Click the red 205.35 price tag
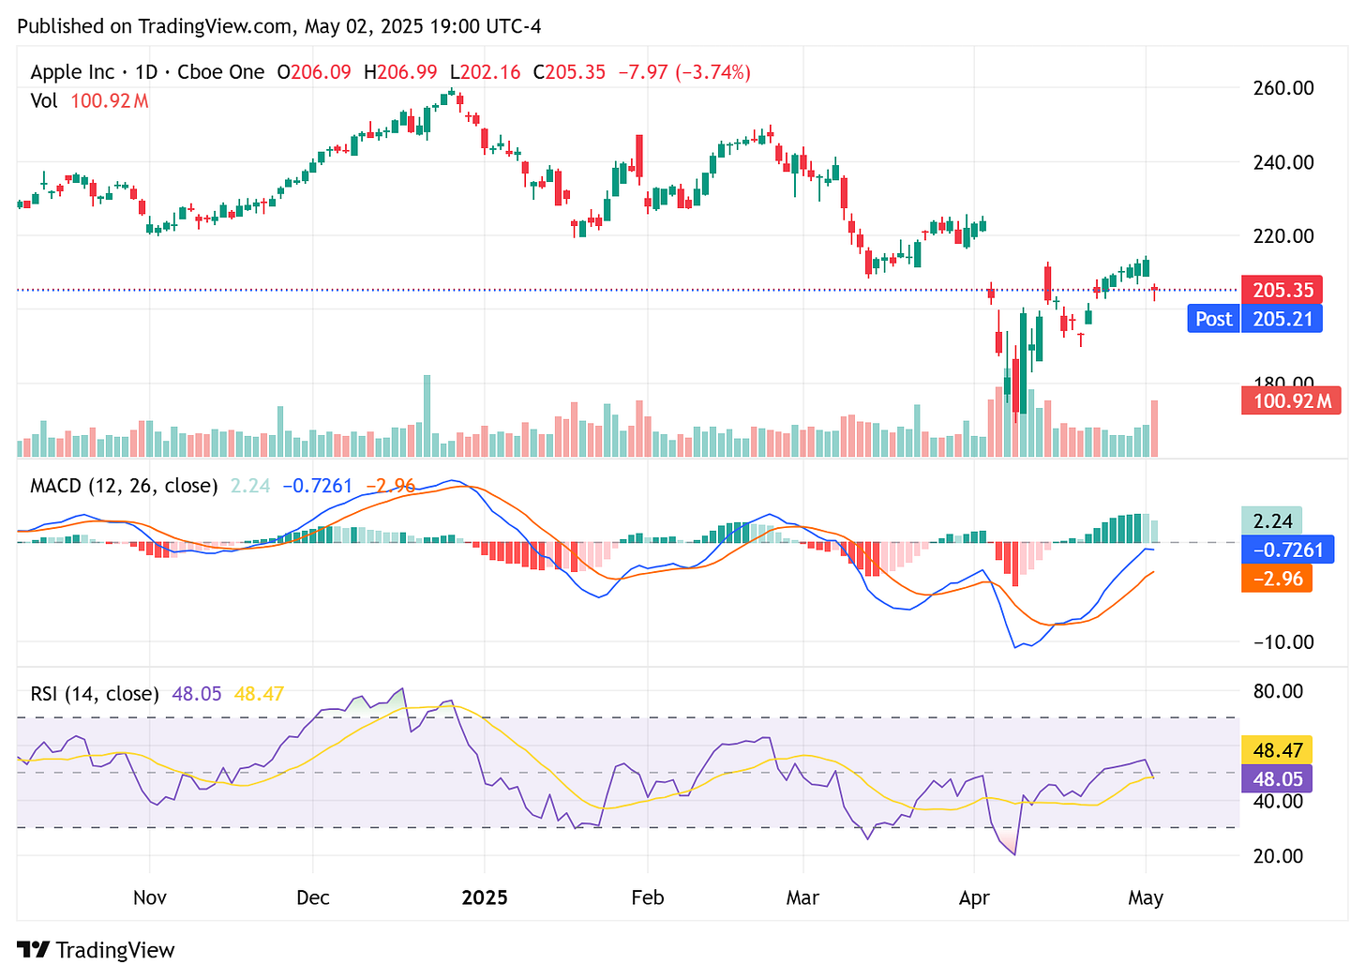[1282, 290]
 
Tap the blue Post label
[1213, 319]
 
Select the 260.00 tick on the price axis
[1283, 88]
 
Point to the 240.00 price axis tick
[1283, 162]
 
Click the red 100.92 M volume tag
[1291, 401]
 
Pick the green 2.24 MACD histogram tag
[1272, 520]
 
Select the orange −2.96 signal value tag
[1276, 579]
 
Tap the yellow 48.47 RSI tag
[1277, 750]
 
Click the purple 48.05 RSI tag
[1277, 778]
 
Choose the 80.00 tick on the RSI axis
[1278, 692]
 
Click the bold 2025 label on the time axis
[485, 897]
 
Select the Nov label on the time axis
[150, 897]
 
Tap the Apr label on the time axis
[974, 897]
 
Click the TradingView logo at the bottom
[96, 950]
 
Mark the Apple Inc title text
[72, 72]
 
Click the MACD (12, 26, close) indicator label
[124, 486]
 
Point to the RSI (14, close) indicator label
[95, 694]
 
